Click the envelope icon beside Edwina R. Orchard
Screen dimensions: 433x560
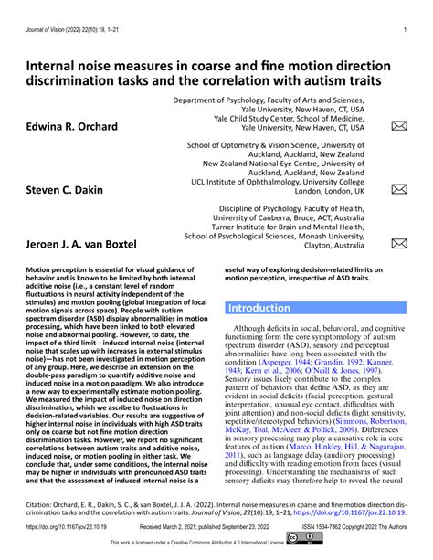(399, 126)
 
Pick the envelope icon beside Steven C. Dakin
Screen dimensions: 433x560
(399, 189)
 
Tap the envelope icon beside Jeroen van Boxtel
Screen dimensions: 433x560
(399, 244)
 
